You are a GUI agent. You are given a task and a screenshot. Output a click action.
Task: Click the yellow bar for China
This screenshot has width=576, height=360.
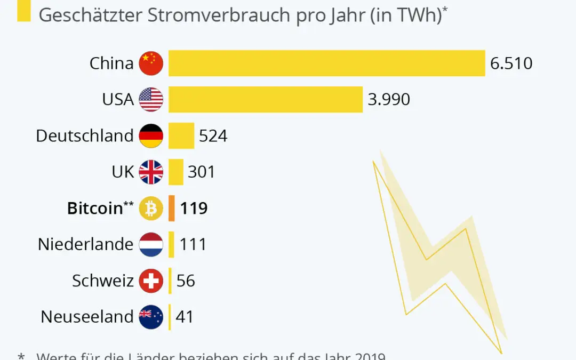click(326, 63)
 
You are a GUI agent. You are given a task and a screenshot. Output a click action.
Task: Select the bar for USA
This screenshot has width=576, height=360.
click(266, 100)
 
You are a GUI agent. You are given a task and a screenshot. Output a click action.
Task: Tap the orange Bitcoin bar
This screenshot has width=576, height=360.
click(172, 208)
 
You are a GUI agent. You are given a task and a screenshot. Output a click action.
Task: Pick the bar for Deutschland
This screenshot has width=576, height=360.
click(181, 136)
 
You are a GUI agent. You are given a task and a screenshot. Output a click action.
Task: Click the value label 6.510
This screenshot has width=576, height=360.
click(511, 63)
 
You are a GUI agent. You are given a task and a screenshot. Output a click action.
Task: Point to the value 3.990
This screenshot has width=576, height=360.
click(389, 100)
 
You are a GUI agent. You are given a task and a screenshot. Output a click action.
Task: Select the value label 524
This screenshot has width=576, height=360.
click(213, 136)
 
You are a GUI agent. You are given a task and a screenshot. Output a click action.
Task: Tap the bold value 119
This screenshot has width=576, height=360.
click(194, 208)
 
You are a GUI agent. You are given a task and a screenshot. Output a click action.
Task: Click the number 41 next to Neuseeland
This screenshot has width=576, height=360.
click(184, 317)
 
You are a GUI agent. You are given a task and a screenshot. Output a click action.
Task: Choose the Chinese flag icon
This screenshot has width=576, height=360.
click(151, 63)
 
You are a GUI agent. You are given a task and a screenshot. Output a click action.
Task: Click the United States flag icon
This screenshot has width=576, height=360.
click(151, 100)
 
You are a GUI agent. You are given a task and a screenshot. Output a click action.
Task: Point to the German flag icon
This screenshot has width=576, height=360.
click(151, 136)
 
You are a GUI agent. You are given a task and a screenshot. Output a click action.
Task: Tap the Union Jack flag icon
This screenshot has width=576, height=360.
click(151, 172)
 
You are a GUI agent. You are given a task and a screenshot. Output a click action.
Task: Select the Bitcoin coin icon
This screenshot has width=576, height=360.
click(151, 208)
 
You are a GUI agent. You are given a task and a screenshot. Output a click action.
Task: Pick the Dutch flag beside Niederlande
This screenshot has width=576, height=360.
click(151, 244)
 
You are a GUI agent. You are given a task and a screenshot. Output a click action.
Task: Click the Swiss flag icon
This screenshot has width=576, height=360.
click(151, 281)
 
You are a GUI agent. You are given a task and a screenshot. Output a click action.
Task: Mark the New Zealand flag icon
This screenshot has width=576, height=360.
click(151, 317)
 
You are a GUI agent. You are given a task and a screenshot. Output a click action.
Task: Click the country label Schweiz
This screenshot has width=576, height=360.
click(102, 281)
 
